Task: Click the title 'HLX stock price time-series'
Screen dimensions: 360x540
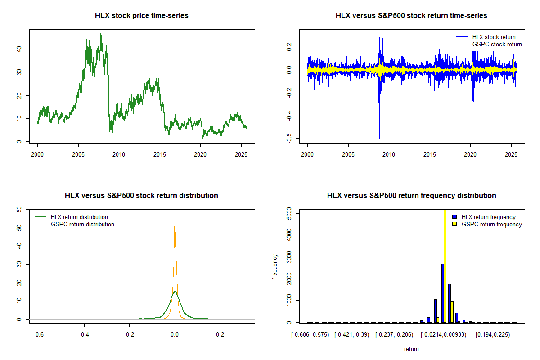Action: (x=142, y=16)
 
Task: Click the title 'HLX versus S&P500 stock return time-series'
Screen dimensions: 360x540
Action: (x=411, y=16)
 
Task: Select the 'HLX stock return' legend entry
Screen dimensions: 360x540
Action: (x=494, y=37)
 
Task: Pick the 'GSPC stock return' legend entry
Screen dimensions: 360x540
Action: (x=497, y=44)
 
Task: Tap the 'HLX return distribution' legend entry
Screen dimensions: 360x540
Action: (x=79, y=217)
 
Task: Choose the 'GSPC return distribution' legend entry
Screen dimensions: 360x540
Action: (x=82, y=224)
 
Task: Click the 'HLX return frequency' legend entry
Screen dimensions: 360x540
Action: (x=488, y=217)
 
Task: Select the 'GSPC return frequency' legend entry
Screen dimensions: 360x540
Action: (x=491, y=224)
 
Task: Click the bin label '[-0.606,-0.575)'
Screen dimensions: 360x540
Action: (x=310, y=335)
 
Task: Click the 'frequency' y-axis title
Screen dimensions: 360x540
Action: (x=275, y=266)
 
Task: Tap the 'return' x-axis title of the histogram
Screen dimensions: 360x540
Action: (x=411, y=349)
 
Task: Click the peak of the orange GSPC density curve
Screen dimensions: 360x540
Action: (x=175, y=216)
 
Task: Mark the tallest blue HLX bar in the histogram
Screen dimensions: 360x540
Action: (x=442, y=292)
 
